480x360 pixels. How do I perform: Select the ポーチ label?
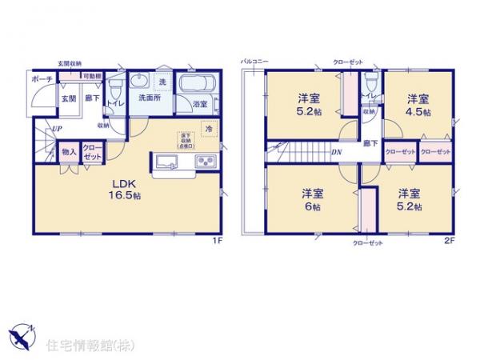click(42, 81)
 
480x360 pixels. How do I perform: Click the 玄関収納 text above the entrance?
click(70, 63)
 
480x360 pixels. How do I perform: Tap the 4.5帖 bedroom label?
click(417, 106)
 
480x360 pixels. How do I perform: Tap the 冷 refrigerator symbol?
click(208, 129)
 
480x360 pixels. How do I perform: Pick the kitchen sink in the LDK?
click(170, 163)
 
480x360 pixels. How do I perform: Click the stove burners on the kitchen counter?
click(203, 163)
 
